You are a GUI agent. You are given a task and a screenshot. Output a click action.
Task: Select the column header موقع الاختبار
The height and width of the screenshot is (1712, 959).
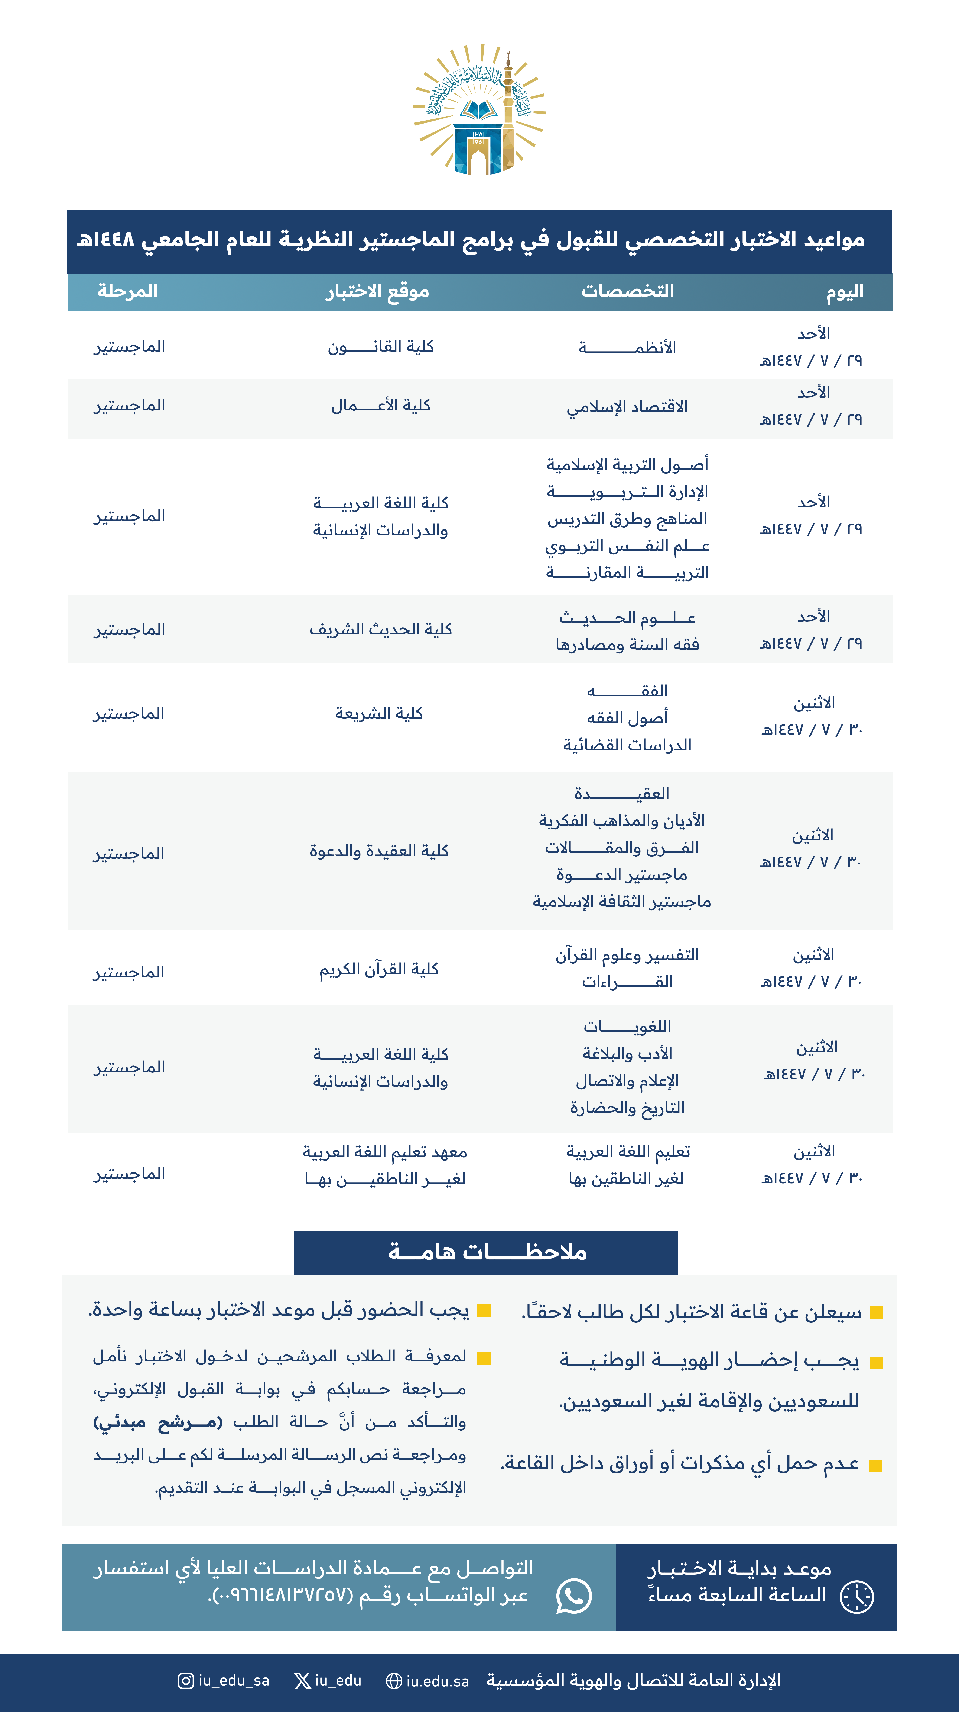point(377,291)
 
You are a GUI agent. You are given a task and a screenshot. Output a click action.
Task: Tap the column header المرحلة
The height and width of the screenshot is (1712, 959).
point(127,291)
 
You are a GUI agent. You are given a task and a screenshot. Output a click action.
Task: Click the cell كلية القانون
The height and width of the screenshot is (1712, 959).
point(381,347)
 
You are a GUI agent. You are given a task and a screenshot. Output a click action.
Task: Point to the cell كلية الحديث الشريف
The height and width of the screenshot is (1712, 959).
point(381,629)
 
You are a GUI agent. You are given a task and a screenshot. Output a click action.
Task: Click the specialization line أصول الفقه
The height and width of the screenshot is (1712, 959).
point(627,718)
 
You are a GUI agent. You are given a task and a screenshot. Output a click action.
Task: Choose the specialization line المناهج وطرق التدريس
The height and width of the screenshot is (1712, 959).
point(627,519)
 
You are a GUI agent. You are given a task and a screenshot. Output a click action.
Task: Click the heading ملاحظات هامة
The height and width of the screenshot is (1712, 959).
point(486,1252)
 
